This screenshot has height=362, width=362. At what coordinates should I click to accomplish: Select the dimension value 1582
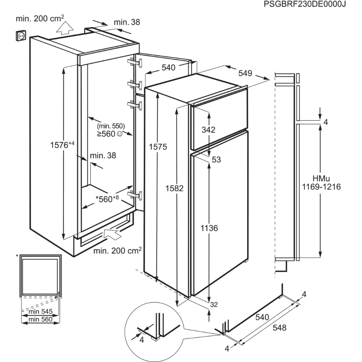pyautogui.click(x=175, y=188)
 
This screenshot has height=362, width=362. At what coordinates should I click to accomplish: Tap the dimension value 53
pyautogui.click(x=216, y=159)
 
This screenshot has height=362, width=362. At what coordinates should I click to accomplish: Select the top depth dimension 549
pyautogui.click(x=245, y=73)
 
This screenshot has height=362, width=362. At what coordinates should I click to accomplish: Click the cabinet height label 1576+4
pyautogui.click(x=62, y=145)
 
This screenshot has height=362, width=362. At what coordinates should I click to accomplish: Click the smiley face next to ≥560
pyautogui.click(x=120, y=134)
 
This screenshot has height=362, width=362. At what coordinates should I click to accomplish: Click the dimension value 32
pyautogui.click(x=214, y=304)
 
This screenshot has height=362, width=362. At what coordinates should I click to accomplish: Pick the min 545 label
pyautogui.click(x=41, y=311)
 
